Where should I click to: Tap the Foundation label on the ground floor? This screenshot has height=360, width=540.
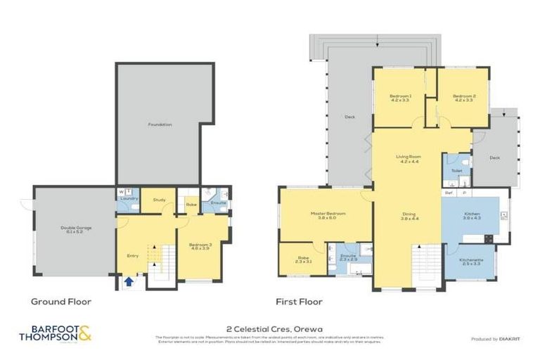pyautogui.click(x=160, y=124)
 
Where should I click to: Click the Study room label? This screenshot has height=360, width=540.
pyautogui.click(x=159, y=200)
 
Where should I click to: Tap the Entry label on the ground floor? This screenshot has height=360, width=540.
pyautogui.click(x=132, y=255)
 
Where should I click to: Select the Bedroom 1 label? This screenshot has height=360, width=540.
pyautogui.click(x=401, y=98)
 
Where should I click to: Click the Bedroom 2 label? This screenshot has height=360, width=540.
pyautogui.click(x=463, y=98)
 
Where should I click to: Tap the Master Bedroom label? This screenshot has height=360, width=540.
pyautogui.click(x=325, y=215)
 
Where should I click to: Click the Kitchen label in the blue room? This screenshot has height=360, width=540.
pyautogui.click(x=470, y=217)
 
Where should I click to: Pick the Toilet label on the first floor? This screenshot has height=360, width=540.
pyautogui.click(x=456, y=171)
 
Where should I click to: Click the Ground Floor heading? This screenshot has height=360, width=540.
pyautogui.click(x=60, y=302)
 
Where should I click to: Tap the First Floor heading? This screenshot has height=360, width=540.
pyautogui.click(x=299, y=302)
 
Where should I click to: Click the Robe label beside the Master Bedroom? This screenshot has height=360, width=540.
pyautogui.click(x=302, y=259)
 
